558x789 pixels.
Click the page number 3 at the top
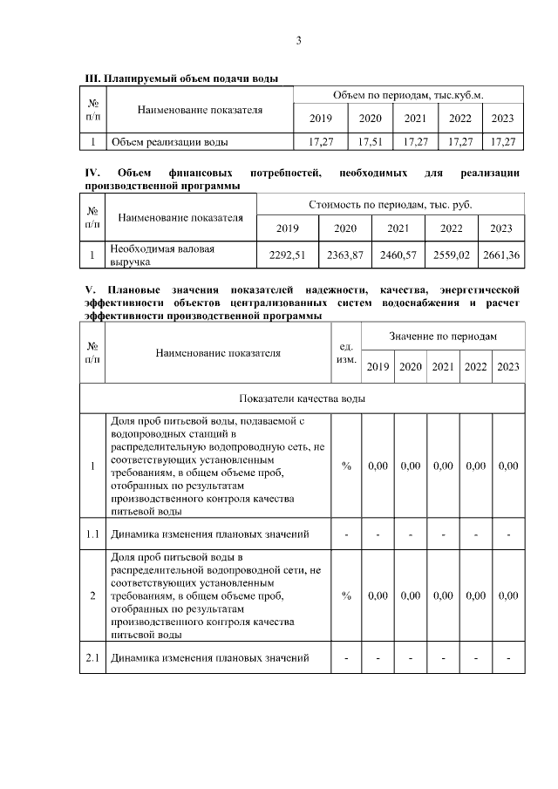(298, 40)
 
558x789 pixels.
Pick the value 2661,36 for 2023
(501, 255)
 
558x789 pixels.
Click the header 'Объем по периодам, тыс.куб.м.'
(407, 94)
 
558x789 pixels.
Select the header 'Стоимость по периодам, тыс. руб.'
(391, 204)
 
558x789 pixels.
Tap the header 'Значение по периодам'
(442, 336)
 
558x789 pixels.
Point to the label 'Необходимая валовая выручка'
(161, 255)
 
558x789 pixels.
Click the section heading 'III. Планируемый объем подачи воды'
(180, 78)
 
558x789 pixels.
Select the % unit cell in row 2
(346, 595)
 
